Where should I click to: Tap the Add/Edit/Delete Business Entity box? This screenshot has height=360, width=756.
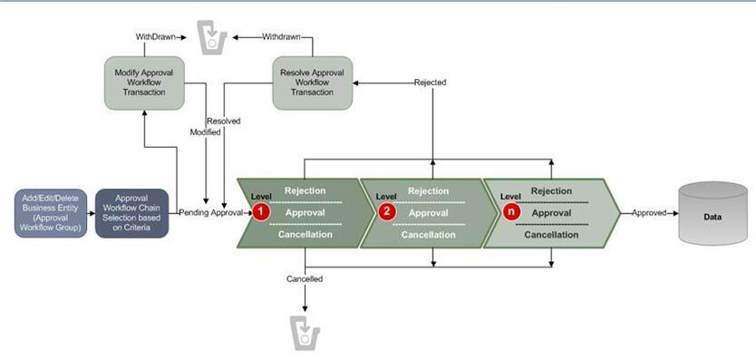(51, 213)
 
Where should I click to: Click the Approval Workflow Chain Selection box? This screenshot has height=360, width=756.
(131, 213)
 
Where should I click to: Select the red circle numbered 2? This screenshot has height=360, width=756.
(386, 212)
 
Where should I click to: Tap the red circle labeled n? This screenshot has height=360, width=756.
(512, 212)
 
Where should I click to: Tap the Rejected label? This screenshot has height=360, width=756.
(430, 83)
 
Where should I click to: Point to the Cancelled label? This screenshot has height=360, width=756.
(304, 278)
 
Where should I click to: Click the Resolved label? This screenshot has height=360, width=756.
(223, 121)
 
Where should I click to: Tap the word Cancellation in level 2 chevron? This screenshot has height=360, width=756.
(428, 234)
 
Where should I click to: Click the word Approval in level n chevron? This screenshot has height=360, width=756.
(551, 212)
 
